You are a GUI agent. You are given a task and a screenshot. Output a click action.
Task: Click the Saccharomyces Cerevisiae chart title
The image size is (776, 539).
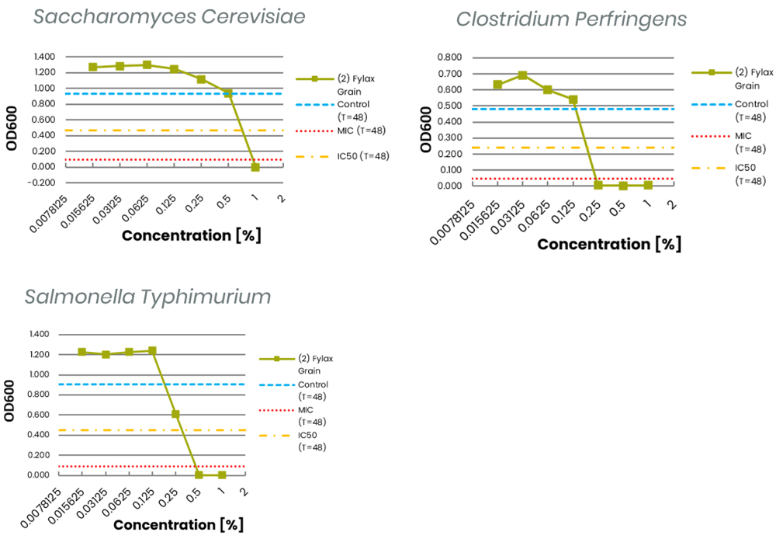click(169, 17)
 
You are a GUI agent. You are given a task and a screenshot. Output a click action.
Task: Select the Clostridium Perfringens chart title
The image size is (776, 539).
click(571, 19)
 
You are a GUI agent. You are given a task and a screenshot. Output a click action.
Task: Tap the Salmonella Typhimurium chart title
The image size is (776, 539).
click(147, 297)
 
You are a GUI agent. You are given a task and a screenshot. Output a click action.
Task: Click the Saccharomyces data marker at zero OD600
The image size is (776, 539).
click(255, 167)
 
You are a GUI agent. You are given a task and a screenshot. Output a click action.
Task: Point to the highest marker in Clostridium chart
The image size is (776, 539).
click(523, 75)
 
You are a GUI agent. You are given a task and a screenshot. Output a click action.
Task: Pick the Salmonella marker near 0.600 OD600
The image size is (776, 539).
click(175, 414)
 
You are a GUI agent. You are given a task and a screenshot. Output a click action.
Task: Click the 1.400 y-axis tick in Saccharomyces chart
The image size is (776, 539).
click(44, 57)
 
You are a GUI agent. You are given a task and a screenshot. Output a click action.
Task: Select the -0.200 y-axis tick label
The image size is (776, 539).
click(43, 183)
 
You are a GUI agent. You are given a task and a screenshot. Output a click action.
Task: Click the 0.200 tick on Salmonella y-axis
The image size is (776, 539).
click(39, 455)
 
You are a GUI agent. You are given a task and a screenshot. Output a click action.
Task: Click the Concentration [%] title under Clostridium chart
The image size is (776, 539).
click(609, 244)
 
